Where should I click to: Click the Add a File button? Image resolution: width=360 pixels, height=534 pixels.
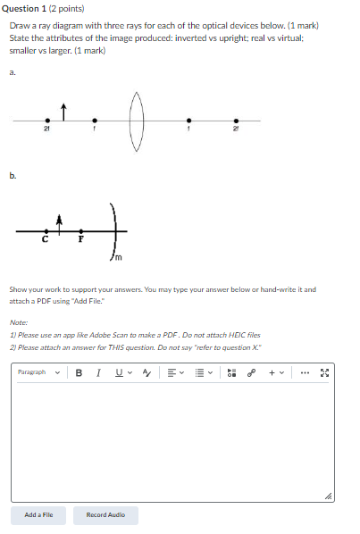pos(38,514)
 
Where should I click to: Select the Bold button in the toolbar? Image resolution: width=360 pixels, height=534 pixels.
pos(78,372)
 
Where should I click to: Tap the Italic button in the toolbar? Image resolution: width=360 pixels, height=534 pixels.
pos(96,372)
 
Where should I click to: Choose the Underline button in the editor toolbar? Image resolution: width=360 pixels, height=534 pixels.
pos(115,372)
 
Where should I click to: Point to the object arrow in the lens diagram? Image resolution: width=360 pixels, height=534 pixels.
pos(63,111)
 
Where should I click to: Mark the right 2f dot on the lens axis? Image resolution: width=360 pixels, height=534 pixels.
pos(235,121)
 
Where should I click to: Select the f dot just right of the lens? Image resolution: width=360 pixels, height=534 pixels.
pos(188,121)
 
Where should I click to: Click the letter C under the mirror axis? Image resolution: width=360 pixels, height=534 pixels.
pos(45,239)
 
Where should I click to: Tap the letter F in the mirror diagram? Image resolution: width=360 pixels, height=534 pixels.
pos(80,239)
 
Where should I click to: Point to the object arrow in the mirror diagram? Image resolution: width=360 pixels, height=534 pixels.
pos(60,223)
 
